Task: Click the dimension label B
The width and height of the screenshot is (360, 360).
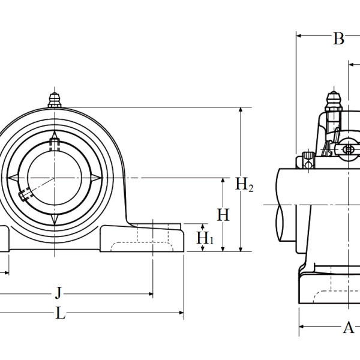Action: pyautogui.click(x=338, y=39)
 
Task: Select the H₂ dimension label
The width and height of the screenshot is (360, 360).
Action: pyautogui.click(x=244, y=185)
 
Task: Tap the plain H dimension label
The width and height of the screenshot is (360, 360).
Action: pyautogui.click(x=223, y=215)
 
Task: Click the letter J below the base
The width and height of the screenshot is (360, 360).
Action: pyautogui.click(x=58, y=293)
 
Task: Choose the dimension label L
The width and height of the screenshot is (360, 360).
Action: pyautogui.click(x=60, y=313)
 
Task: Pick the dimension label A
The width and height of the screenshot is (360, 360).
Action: pyautogui.click(x=348, y=327)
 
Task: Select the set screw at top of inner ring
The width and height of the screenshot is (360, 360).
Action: pyautogui.click(x=55, y=144)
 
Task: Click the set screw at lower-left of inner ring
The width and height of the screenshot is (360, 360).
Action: pyautogui.click(x=25, y=194)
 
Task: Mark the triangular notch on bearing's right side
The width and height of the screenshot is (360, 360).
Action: pyautogui.click(x=97, y=178)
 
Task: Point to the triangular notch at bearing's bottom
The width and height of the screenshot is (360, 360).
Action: pyautogui.click(x=55, y=220)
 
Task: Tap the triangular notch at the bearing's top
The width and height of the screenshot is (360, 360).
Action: pyautogui.click(x=55, y=135)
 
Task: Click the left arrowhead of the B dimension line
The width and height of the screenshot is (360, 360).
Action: pyautogui.click(x=300, y=36)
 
